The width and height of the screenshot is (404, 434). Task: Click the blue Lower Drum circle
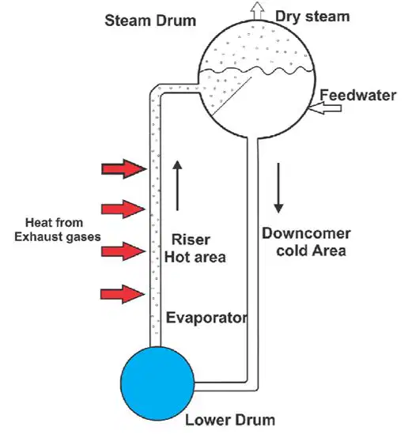[x=157, y=383]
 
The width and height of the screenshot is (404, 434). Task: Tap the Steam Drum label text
[x=150, y=21]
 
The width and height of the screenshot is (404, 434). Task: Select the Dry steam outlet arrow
[x=257, y=10]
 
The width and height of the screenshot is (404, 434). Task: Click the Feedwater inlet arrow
[x=324, y=108]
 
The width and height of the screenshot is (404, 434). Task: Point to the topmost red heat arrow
[x=124, y=168]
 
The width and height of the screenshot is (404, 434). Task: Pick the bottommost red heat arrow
[x=123, y=294]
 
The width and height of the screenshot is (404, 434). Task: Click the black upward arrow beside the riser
[x=177, y=186]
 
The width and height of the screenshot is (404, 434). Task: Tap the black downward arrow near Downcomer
[x=278, y=188]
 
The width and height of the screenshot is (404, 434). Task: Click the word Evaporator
[x=206, y=318]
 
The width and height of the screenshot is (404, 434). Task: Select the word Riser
[x=191, y=240]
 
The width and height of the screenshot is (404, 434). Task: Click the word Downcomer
[x=306, y=233]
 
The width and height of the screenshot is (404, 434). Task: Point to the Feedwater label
[x=358, y=95]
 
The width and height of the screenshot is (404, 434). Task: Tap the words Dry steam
[x=312, y=17]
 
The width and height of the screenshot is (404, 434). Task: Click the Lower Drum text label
[x=230, y=420]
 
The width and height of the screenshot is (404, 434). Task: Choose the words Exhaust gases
[x=57, y=237]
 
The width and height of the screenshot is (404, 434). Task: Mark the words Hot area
[x=195, y=257]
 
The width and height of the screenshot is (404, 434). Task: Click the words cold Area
[x=311, y=251]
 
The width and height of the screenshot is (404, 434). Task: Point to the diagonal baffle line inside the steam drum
[x=232, y=96]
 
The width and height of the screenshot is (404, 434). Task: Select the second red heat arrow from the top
[x=123, y=209]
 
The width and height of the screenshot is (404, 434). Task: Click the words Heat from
[x=54, y=223]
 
